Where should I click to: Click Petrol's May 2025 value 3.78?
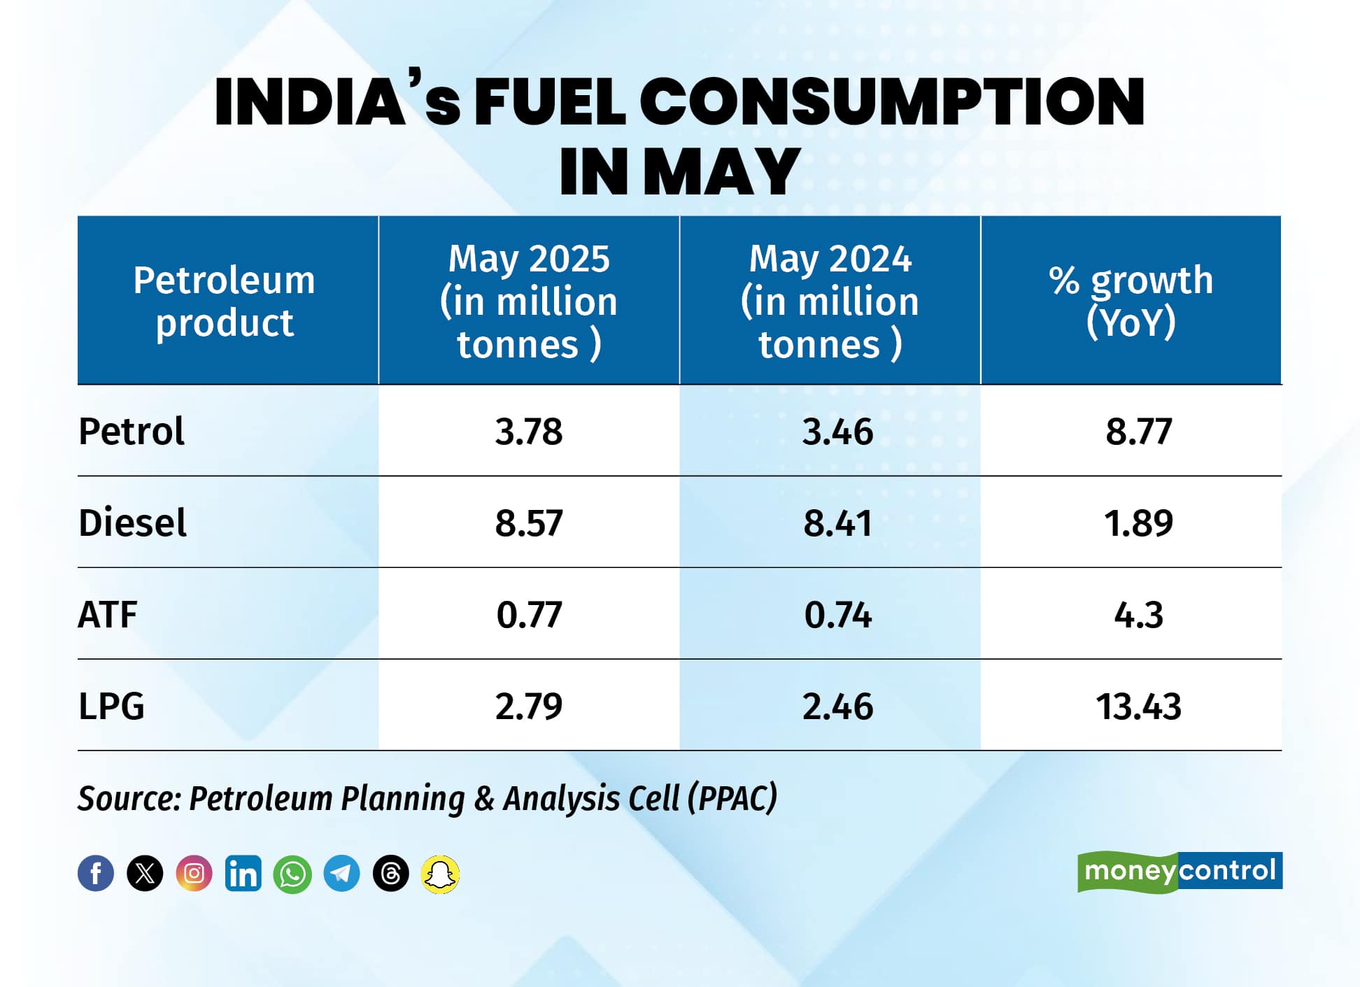(529, 431)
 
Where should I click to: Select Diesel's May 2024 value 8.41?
(837, 523)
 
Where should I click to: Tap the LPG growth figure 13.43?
(1138, 706)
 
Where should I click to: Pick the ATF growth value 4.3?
(1138, 615)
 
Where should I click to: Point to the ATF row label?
(108, 615)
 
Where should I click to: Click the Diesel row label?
(132, 523)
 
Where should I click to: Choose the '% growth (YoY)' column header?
(1131, 301)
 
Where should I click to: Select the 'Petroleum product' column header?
(225, 301)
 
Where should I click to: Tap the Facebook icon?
(96, 873)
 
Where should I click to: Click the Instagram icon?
(194, 873)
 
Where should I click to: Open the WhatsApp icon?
(292, 874)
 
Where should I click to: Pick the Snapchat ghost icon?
(440, 874)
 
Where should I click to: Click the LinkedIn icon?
(243, 873)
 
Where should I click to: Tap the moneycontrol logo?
(1180, 871)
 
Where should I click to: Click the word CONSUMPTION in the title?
(891, 102)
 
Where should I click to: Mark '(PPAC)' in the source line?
(732, 798)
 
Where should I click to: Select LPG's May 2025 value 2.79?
(529, 706)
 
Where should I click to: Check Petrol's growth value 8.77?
(1138, 431)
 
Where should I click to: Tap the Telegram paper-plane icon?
(341, 874)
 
